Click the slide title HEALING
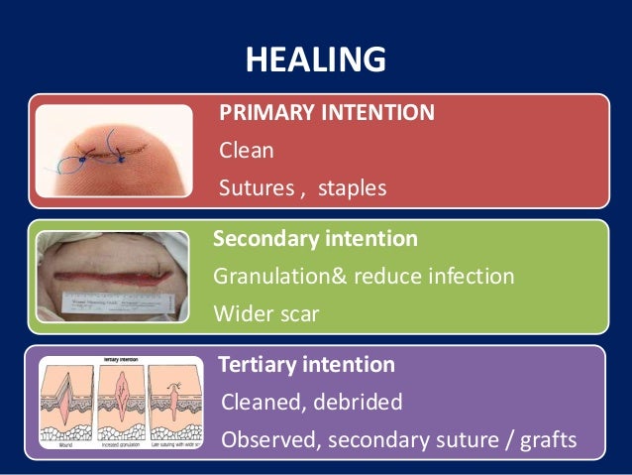315,60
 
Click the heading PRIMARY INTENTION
326,113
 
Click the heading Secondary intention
315,239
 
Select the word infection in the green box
473,276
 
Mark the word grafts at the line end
547,439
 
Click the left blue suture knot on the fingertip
79,157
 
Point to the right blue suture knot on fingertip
122,157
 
